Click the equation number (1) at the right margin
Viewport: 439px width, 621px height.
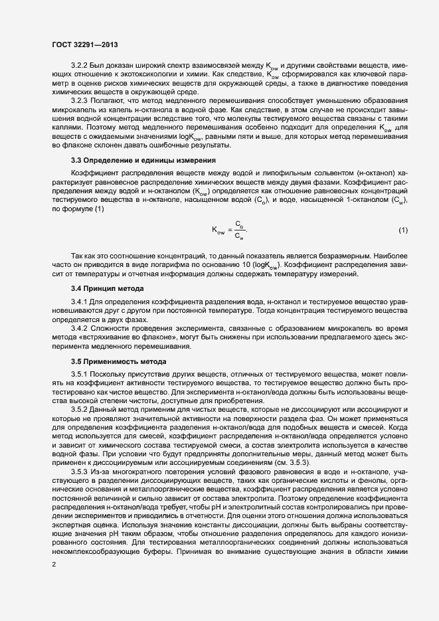pyautogui.click(x=403, y=230)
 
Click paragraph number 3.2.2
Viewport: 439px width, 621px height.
pyautogui.click(x=80, y=66)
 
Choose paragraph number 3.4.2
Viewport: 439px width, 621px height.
pyautogui.click(x=80, y=327)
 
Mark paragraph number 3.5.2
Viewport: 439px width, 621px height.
pyautogui.click(x=80, y=408)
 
